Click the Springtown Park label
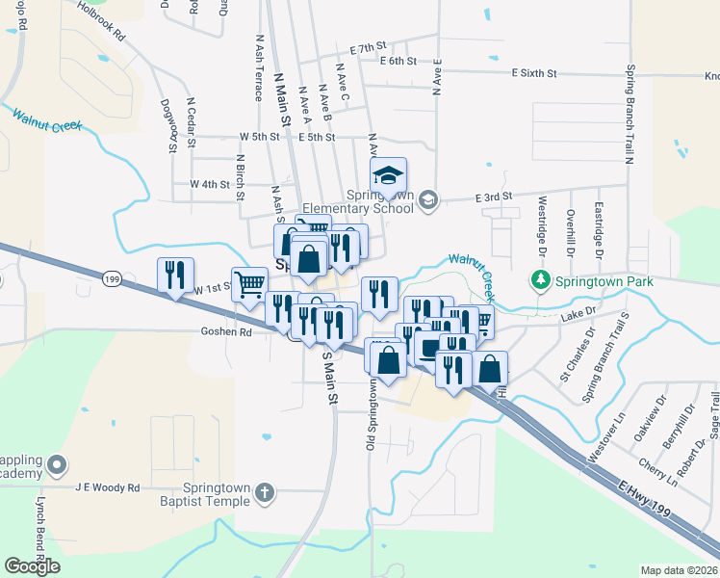tap(604, 281)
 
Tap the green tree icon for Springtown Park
tap(540, 280)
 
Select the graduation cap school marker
tap(389, 176)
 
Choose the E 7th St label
tap(368, 46)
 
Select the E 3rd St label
tap(494, 197)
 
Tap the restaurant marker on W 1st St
tap(175, 276)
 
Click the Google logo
tap(32, 566)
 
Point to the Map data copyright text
tap(678, 570)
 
